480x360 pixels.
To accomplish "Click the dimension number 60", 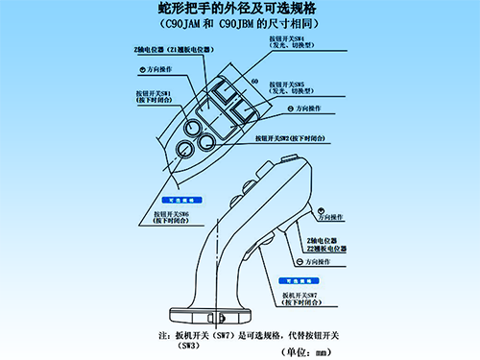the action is (252, 82).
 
